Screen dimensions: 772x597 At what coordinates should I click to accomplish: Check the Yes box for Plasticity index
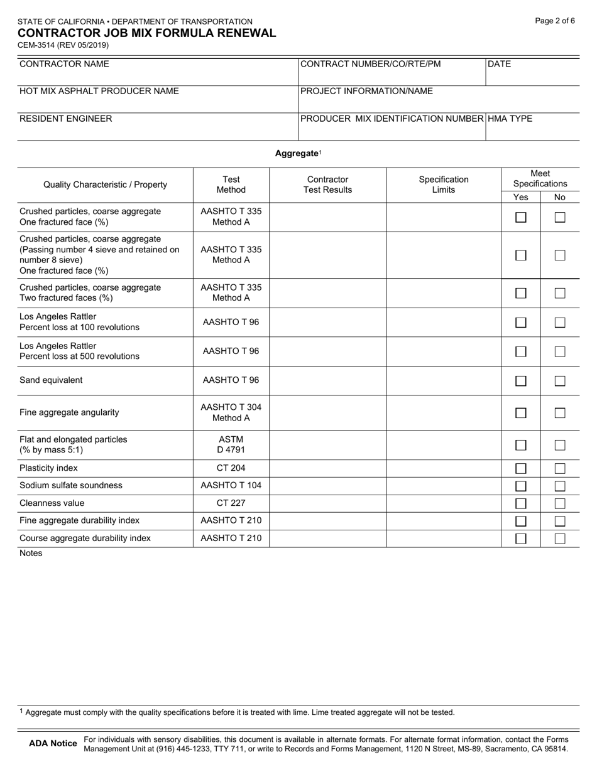pos(520,468)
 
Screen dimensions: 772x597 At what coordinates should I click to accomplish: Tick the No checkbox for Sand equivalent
pos(560,381)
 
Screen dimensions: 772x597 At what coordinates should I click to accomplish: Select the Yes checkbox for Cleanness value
pos(520,503)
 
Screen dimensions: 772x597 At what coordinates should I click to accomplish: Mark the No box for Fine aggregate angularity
pos(560,413)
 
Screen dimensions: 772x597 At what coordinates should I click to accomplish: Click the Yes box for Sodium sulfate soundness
pos(520,486)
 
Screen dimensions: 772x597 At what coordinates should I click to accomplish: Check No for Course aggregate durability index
pos(560,539)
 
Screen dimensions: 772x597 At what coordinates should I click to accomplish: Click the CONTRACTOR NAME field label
pos(64,64)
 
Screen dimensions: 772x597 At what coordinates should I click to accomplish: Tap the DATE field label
pos(500,64)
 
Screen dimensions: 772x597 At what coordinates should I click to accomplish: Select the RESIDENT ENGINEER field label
pos(66,119)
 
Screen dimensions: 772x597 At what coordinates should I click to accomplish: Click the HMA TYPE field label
pos(510,119)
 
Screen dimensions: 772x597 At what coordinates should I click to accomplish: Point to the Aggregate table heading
pos(297,153)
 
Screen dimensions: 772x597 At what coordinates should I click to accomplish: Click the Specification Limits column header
pos(444,185)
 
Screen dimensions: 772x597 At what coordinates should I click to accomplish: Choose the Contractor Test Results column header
pos(327,185)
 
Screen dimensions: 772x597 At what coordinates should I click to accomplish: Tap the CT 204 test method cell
pos(231,468)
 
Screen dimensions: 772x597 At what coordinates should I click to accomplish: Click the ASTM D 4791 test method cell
pos(231,444)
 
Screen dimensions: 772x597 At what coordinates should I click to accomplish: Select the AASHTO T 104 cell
pos(231,486)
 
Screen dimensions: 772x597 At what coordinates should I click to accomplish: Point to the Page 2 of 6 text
pos(555,21)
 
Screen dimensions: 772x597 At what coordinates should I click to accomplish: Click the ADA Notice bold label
pos(53,744)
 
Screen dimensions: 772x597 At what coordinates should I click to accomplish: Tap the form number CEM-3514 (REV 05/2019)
pos(63,45)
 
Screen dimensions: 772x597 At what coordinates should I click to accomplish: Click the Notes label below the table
pos(31,553)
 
